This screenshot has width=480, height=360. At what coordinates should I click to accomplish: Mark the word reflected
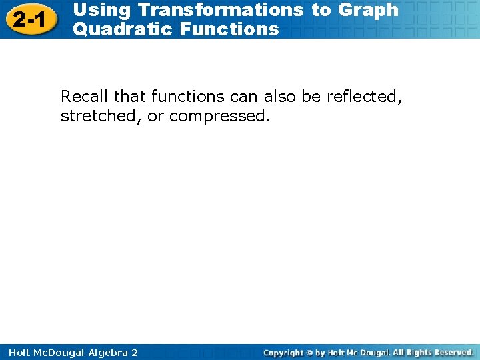pos(364,97)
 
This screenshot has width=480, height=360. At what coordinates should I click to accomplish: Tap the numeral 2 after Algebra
pos(134,352)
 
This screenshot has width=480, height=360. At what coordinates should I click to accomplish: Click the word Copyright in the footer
pos(285,352)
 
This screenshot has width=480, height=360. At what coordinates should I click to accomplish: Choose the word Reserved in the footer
pos(451,351)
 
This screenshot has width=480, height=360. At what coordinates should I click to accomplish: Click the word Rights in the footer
pos(418,351)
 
